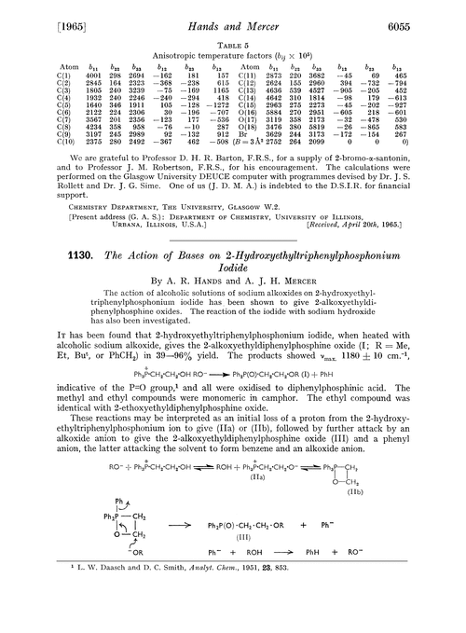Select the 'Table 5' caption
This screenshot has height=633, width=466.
(232, 43)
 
